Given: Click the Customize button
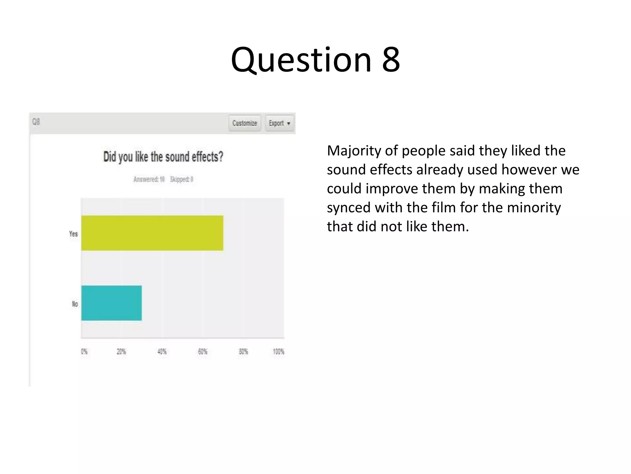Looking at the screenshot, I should pyautogui.click(x=245, y=123).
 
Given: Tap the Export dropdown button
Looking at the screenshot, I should pyautogui.click(x=279, y=123).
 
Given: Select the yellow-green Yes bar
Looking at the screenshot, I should pyautogui.click(x=152, y=233).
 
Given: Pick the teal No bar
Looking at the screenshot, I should pyautogui.click(x=112, y=303).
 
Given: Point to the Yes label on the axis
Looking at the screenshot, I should pyautogui.click(x=73, y=234).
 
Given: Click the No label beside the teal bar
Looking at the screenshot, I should pyautogui.click(x=75, y=304).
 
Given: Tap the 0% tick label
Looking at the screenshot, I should pyautogui.click(x=84, y=351).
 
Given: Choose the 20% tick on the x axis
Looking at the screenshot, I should pyautogui.click(x=121, y=351).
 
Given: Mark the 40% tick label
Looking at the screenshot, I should pyautogui.click(x=162, y=351).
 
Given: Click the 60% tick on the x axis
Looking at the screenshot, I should pyautogui.click(x=203, y=351).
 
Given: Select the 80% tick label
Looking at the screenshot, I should pyautogui.click(x=243, y=351).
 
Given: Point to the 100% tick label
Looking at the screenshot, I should pyautogui.click(x=279, y=351).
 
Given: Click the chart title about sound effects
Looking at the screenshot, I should pyautogui.click(x=163, y=157).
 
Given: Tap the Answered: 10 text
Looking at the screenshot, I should pyautogui.click(x=149, y=179).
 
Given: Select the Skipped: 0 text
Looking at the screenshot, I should pyautogui.click(x=182, y=179).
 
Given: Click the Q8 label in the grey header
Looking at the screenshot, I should pyautogui.click(x=36, y=122).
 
